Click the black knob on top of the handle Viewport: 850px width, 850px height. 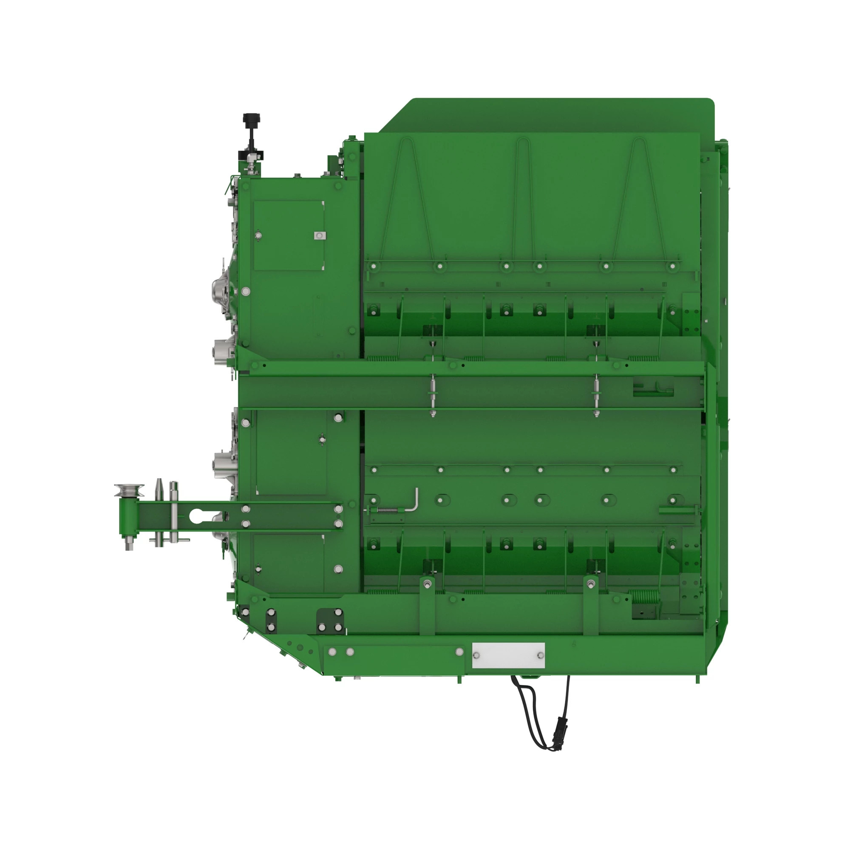click(251, 119)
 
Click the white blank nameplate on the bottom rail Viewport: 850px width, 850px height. click(508, 655)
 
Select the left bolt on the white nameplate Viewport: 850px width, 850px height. click(476, 655)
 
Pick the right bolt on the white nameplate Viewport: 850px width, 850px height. click(541, 655)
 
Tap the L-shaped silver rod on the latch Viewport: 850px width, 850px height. click(414, 501)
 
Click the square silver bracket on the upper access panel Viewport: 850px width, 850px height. click(320, 236)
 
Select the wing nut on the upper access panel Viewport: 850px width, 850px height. click(323, 439)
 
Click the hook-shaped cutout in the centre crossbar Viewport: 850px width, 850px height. click(653, 388)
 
